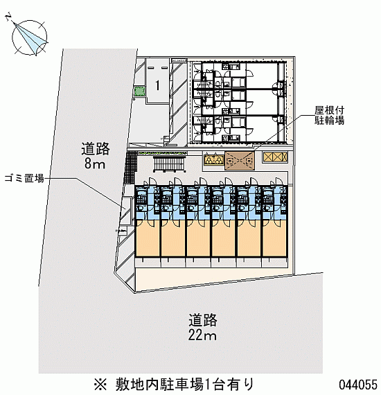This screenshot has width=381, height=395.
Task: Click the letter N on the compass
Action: coord(9,17)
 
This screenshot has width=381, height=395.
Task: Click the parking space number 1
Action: coord(158,85)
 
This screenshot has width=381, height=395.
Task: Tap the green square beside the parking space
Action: coord(140,91)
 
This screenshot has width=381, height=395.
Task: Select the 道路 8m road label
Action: coord(95,155)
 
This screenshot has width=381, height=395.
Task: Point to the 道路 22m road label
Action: coord(203,327)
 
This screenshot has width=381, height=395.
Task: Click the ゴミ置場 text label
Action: coord(24,178)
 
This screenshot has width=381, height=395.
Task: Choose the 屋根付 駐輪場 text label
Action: coord(329,115)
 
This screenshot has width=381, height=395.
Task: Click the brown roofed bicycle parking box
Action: coord(240,161)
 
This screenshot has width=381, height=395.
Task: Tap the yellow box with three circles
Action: coord(214,159)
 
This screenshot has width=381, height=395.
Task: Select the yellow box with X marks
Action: coord(275,157)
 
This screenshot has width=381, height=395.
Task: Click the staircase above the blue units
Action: coord(170,164)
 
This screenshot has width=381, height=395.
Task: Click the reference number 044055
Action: coord(358,385)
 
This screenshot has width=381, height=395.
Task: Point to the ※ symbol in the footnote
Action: coord(100,385)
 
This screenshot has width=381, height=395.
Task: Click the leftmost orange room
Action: coord(148,238)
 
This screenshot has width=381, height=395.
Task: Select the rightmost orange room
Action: coord(274,238)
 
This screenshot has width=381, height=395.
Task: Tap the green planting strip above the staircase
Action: coord(163,153)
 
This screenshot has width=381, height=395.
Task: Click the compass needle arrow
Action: coord(30,37)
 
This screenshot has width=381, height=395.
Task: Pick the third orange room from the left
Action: coord(198,238)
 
